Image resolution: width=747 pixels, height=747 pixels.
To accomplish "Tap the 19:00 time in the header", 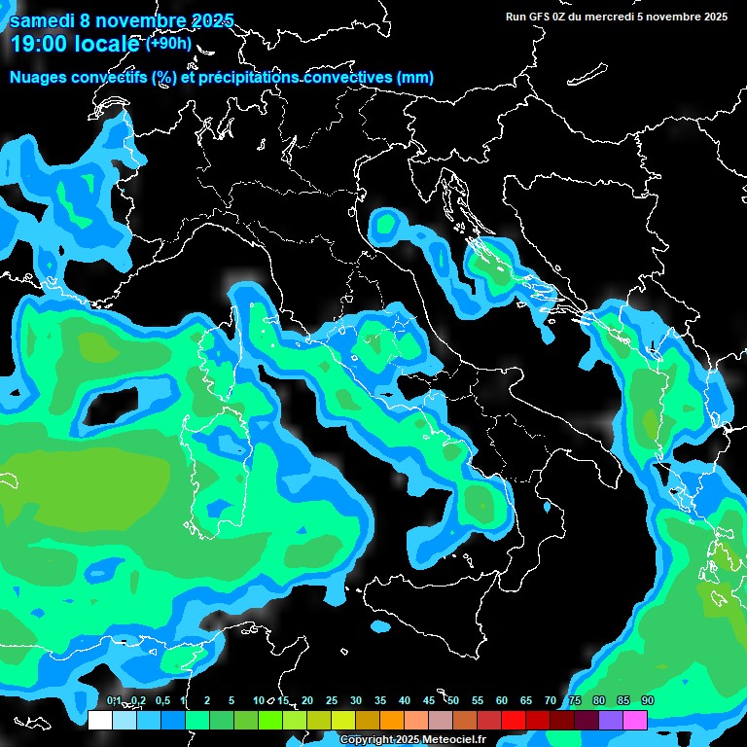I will [40, 45].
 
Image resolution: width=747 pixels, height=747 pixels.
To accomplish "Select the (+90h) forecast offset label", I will [168, 44].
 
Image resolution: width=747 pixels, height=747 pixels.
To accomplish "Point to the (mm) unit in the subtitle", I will [414, 78].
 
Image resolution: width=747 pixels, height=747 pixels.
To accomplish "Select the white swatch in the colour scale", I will [100, 720].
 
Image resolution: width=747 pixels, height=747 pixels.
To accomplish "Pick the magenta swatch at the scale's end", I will [635, 720].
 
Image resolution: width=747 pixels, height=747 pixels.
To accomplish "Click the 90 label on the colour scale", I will [647, 701].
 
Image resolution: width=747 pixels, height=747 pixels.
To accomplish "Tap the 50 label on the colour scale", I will [453, 701].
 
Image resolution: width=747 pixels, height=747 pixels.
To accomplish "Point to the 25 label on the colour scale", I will [332, 701].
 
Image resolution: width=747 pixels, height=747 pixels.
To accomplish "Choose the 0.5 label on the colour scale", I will [161, 701].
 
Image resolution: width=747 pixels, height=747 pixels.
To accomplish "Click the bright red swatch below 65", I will [514, 720].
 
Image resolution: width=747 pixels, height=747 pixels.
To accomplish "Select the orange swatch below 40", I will [392, 720].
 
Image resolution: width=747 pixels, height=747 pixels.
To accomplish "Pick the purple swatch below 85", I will [611, 720].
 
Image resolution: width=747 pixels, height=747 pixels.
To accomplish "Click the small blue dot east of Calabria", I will [547, 507].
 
